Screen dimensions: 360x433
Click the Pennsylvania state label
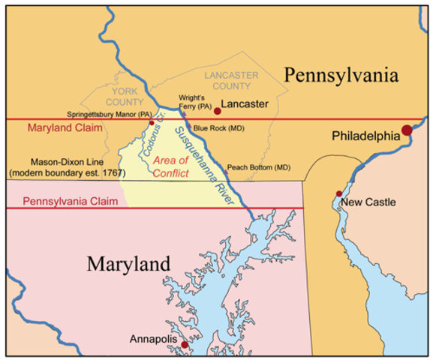[x=340, y=74]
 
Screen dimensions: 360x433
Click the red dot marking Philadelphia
[x=407, y=130]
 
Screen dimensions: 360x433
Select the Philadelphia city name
[x=366, y=137]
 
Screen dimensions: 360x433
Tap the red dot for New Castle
[x=339, y=193]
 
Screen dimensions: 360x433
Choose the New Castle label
[x=367, y=202]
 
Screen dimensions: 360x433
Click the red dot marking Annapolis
[x=184, y=345]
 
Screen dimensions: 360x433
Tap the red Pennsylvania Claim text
[x=67, y=201]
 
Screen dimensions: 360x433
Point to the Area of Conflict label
[x=171, y=166]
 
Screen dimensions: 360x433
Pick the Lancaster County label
[x=231, y=80]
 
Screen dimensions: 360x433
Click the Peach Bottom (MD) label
[x=258, y=166]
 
